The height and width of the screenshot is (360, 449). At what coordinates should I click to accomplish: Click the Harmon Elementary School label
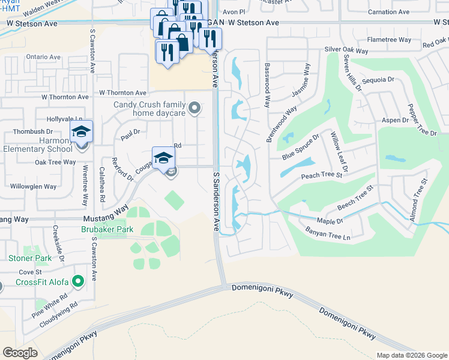(x=37, y=145)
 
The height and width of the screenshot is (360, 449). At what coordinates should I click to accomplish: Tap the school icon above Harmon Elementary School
(x=81, y=131)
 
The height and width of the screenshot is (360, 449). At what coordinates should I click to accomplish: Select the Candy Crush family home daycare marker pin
(x=194, y=108)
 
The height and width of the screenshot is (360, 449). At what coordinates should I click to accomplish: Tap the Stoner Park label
(x=30, y=259)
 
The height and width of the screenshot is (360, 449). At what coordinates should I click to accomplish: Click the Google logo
(x=20, y=353)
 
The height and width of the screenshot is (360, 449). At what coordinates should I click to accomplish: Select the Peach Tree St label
(x=321, y=175)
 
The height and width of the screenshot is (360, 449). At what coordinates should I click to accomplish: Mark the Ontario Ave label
(x=43, y=57)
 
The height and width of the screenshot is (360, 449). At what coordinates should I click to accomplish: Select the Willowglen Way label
(x=37, y=187)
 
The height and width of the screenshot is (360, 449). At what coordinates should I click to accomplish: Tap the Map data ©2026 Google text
(x=411, y=355)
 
